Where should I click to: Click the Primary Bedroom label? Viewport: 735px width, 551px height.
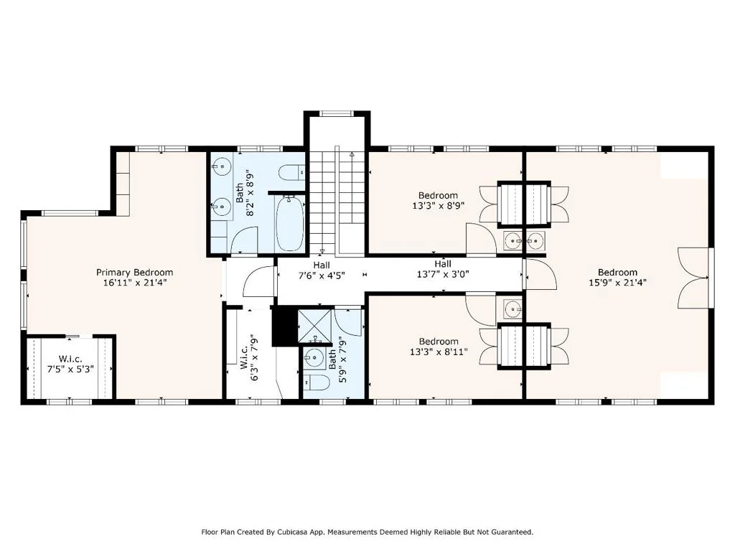click(134, 272)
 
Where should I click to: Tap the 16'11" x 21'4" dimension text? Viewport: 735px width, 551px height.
click(135, 283)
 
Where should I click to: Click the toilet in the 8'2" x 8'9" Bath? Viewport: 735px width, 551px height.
click(291, 172)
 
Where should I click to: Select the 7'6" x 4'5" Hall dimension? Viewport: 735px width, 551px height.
click(322, 275)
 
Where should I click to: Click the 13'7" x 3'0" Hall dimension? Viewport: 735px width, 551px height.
click(443, 275)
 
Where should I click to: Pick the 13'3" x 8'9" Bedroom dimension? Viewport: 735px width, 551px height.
click(439, 205)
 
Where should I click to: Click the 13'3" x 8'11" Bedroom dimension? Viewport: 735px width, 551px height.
click(439, 352)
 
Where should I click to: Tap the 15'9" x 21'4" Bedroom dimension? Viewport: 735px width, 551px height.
click(618, 283)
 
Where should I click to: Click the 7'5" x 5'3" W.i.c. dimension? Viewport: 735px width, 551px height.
click(70, 369)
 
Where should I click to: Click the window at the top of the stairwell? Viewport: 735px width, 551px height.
click(336, 113)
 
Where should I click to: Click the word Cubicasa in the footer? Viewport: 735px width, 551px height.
click(292, 532)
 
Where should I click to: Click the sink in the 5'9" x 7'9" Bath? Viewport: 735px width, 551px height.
click(314, 359)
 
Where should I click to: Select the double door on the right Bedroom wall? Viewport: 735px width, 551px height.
click(694, 278)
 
